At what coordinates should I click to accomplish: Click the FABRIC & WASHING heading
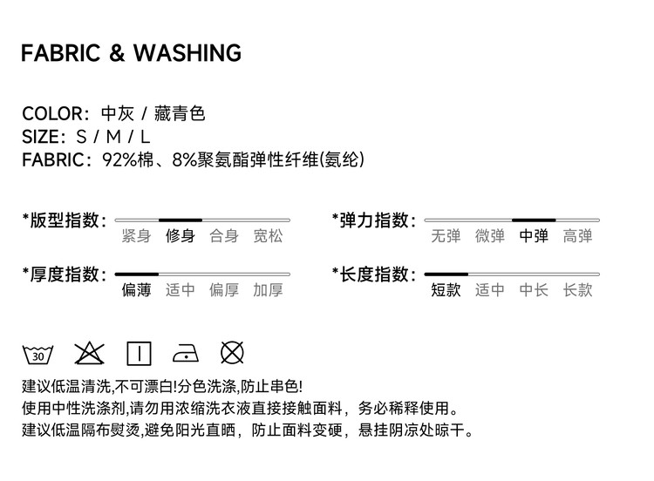(x=131, y=53)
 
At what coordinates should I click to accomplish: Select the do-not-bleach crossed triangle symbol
(x=89, y=353)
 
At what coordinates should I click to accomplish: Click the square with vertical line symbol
(x=139, y=353)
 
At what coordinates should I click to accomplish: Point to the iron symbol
(x=187, y=353)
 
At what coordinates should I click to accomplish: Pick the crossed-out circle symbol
(x=232, y=353)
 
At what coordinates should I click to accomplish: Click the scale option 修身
(x=181, y=236)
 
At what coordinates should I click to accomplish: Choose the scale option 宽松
(x=268, y=236)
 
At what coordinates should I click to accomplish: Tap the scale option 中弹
(x=534, y=236)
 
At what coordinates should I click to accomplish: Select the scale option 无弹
(x=446, y=236)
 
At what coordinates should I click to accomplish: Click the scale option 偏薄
(x=136, y=290)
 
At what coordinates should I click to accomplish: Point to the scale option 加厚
(x=268, y=290)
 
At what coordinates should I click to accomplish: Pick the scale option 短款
(x=446, y=290)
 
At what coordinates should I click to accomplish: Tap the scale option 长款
(x=577, y=290)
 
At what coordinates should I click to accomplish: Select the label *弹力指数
(x=373, y=220)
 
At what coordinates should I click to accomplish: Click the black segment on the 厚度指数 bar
(x=136, y=274)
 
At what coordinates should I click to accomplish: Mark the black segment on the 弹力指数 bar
(x=534, y=220)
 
